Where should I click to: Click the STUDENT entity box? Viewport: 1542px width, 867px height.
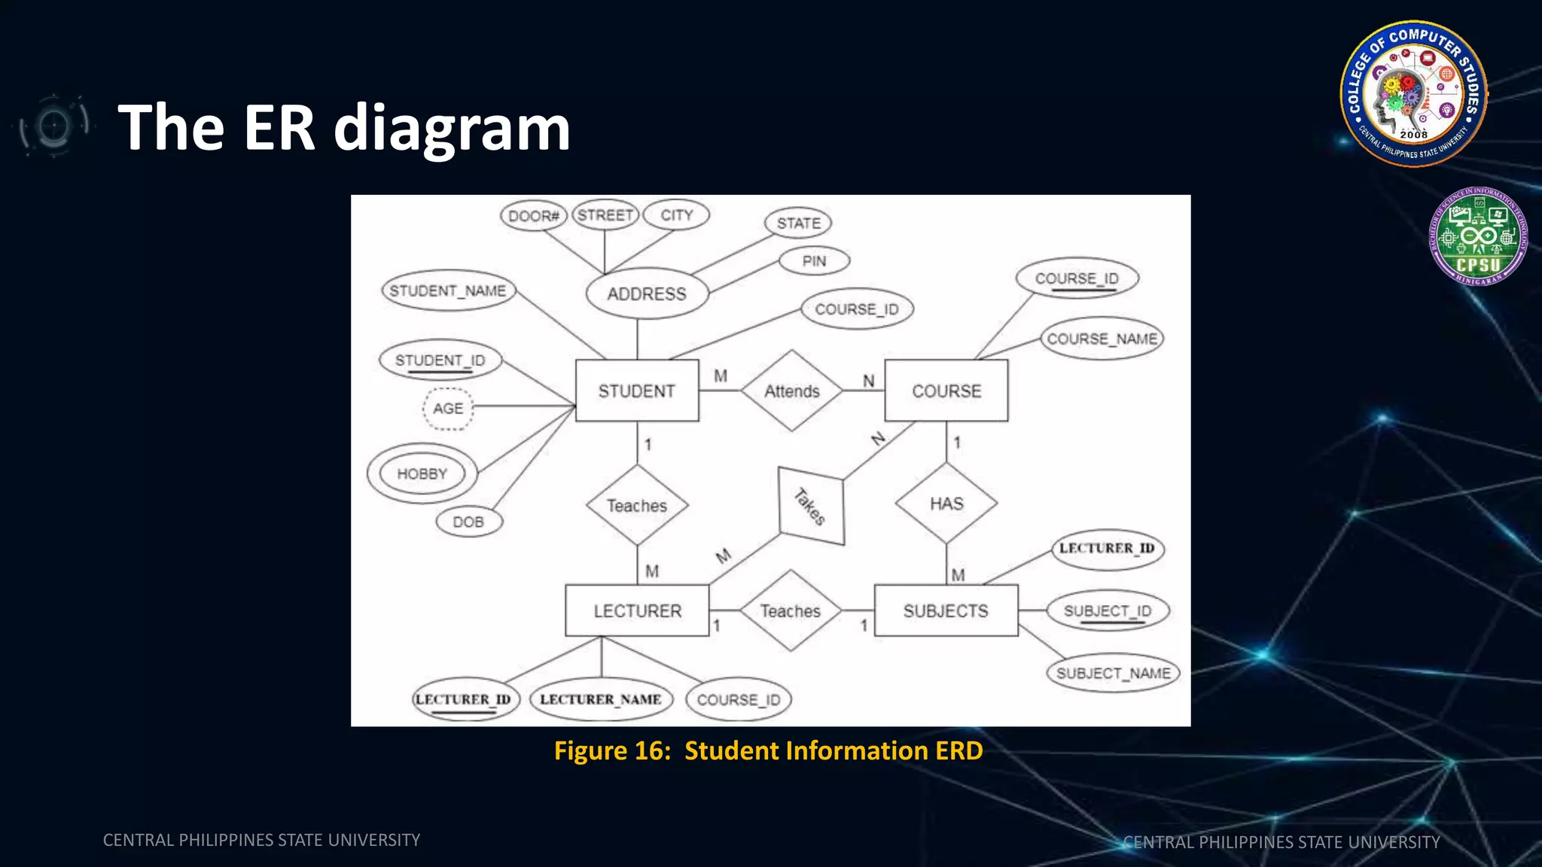pyautogui.click(x=637, y=391)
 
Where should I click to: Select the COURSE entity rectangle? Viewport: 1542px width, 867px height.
pyautogui.click(x=946, y=391)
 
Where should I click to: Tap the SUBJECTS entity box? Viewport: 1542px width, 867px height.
pyautogui.click(x=946, y=610)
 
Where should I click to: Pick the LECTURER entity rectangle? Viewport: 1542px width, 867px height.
pyautogui.click(x=637, y=610)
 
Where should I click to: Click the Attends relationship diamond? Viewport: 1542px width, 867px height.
pyautogui.click(x=791, y=391)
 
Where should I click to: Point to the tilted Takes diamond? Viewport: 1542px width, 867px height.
pyautogui.click(x=811, y=506)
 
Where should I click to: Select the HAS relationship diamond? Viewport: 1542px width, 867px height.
pyautogui.click(x=946, y=503)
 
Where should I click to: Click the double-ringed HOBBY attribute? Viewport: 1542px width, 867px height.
pyautogui.click(x=422, y=473)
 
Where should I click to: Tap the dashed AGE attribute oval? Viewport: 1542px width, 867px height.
pyautogui.click(x=448, y=408)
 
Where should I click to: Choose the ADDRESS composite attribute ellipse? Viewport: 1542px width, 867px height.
pyautogui.click(x=647, y=294)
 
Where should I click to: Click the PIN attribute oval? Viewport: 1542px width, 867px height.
pyautogui.click(x=814, y=261)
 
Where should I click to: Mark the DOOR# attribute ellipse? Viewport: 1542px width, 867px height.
pyautogui.click(x=533, y=216)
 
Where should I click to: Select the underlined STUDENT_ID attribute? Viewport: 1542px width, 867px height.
pyautogui.click(x=440, y=360)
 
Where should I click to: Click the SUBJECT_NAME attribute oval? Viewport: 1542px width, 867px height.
pyautogui.click(x=1113, y=673)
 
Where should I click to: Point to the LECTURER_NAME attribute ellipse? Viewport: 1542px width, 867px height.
pyautogui.click(x=600, y=699)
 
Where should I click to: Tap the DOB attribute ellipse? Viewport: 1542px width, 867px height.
pyautogui.click(x=468, y=522)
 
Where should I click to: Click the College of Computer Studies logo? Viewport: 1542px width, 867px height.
pyautogui.click(x=1413, y=93)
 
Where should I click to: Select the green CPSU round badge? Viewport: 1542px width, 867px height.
pyautogui.click(x=1478, y=236)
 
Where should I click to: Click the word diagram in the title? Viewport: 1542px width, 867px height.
pyautogui.click(x=452, y=128)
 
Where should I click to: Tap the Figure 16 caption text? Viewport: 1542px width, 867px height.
pyautogui.click(x=768, y=750)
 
